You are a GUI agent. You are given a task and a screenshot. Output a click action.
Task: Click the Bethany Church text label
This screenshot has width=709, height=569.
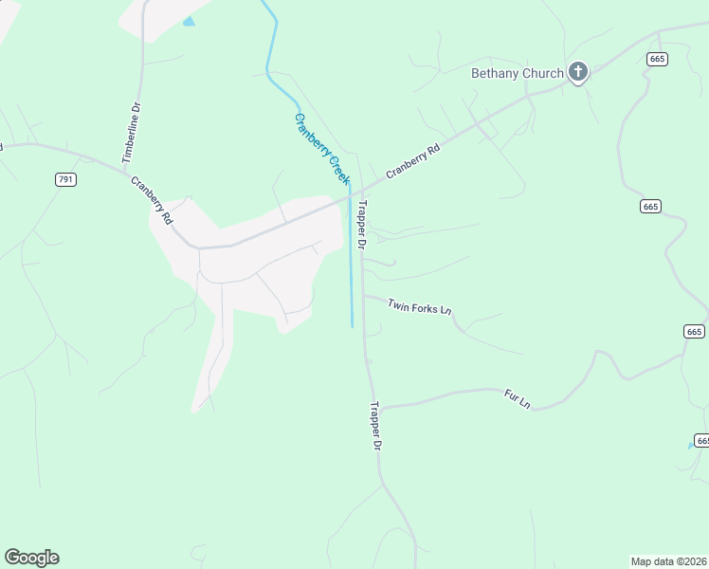518,73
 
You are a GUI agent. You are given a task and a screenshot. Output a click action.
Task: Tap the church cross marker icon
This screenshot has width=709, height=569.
577,72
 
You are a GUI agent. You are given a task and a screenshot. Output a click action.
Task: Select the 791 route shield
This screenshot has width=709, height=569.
65,179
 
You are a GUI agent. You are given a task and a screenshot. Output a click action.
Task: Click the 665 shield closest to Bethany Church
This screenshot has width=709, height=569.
658,59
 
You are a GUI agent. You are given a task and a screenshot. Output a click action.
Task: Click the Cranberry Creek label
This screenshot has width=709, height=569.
322,149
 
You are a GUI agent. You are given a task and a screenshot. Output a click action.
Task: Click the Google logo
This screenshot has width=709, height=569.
31,558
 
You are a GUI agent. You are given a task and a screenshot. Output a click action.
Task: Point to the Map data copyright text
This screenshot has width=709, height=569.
669,561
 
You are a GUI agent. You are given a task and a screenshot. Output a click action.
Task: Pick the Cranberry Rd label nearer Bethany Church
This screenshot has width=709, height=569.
413,162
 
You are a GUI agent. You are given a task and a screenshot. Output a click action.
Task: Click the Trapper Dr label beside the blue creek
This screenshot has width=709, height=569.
361,225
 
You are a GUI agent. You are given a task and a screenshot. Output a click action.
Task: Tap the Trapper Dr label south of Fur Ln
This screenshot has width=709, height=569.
375,426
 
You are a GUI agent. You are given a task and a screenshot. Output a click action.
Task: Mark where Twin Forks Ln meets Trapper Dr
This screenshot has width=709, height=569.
364,296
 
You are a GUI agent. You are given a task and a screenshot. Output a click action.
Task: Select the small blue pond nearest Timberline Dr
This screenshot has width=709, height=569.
189,21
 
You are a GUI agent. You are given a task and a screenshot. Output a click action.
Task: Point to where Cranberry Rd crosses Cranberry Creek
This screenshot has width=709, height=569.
349,193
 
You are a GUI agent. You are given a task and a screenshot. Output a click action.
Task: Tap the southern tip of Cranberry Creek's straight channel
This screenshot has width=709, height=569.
353,327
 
